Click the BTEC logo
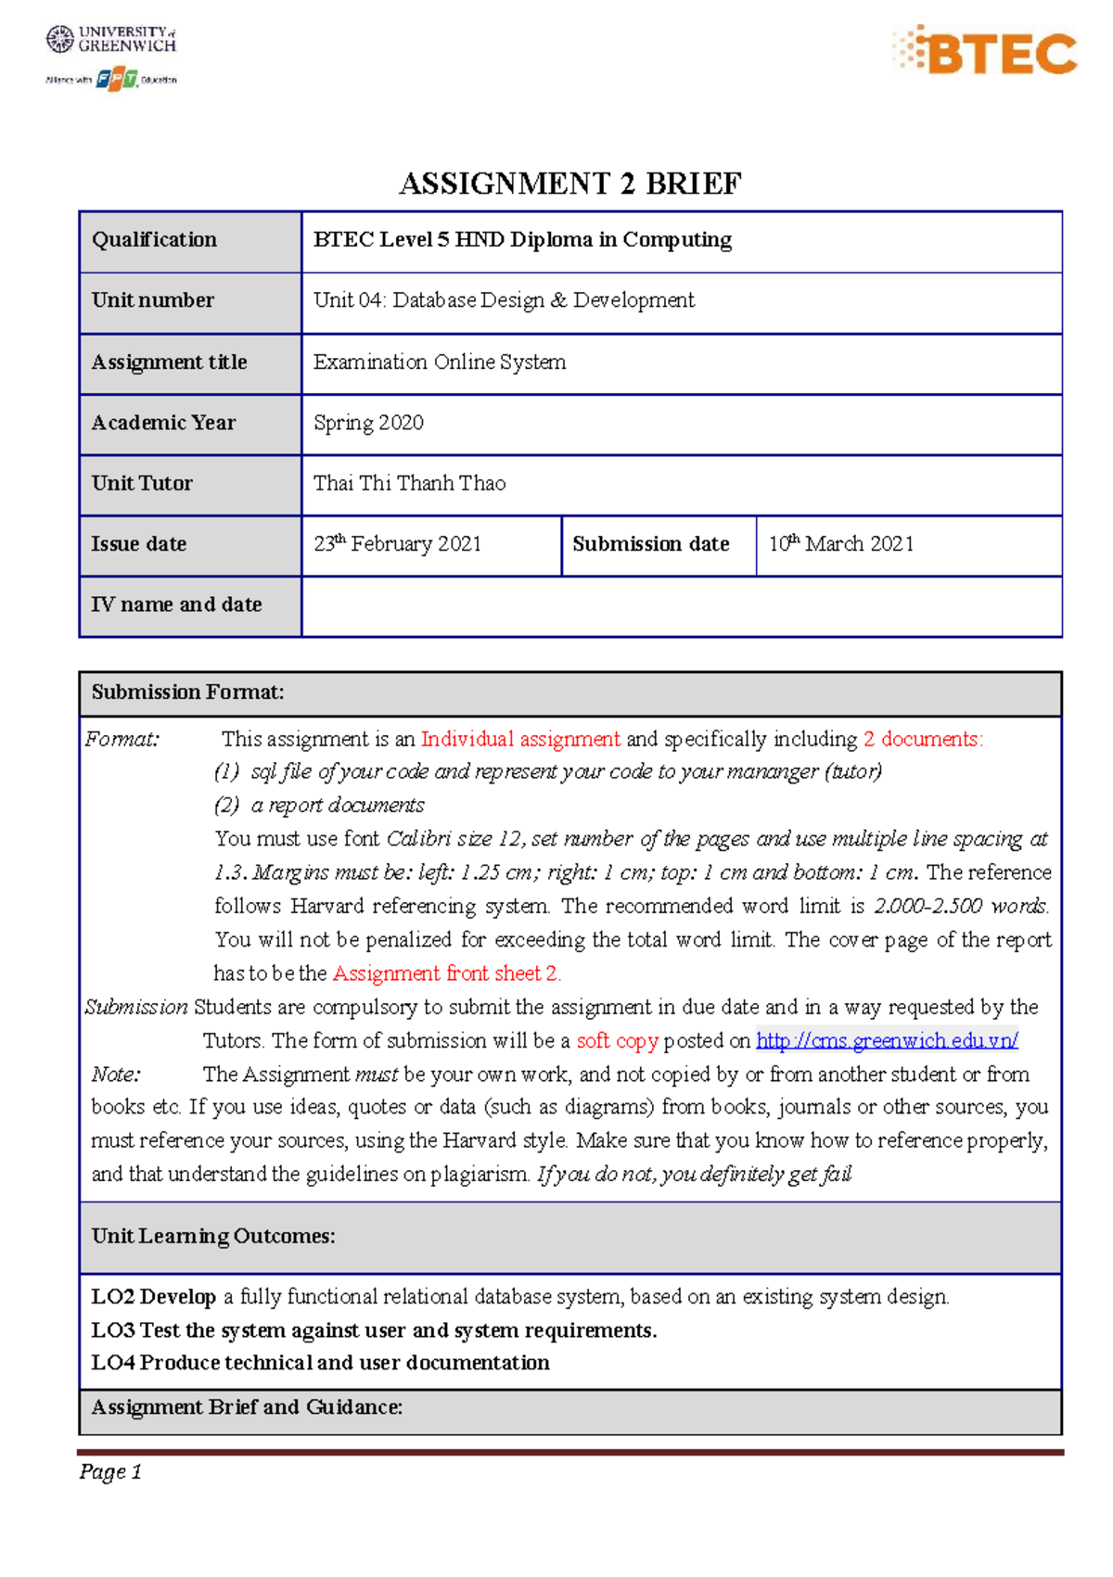click(986, 51)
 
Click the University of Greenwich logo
click(111, 40)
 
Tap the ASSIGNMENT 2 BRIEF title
click(569, 184)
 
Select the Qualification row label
click(154, 240)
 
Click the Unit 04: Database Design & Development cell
click(504, 300)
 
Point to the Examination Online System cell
click(440, 362)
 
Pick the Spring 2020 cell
click(368, 423)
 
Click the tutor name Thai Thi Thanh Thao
click(409, 483)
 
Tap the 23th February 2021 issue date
click(397, 544)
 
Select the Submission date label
click(650, 544)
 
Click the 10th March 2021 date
click(840, 544)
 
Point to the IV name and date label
click(176, 604)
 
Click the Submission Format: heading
click(187, 693)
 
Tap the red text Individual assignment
click(520, 739)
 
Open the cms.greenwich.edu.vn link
click(887, 1040)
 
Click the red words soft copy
click(617, 1040)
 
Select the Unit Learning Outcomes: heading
click(212, 1237)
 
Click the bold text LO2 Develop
click(153, 1296)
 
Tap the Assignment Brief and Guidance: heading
click(247, 1407)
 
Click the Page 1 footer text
click(110, 1471)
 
